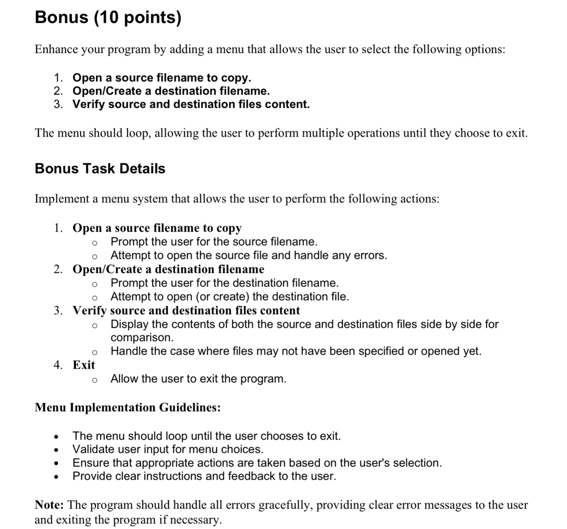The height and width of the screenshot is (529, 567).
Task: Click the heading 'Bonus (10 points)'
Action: click(x=108, y=18)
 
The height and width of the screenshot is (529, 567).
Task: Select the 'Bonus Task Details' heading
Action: click(x=100, y=169)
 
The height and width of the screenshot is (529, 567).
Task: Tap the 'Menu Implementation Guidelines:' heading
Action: click(x=128, y=408)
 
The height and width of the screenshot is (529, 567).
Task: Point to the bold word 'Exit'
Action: click(x=83, y=365)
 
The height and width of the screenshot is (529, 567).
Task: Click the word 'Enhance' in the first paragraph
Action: click(x=56, y=49)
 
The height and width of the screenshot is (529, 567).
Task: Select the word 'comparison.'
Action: click(x=142, y=337)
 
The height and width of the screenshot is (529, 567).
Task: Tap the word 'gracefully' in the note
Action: click(x=285, y=505)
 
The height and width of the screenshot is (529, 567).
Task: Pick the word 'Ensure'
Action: click(x=91, y=463)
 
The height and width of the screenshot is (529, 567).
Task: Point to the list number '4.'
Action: click(x=58, y=365)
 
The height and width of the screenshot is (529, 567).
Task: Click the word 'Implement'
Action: click(x=61, y=199)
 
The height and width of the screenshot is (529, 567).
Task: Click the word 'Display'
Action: click(x=130, y=324)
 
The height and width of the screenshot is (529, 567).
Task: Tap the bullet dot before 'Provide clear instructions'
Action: click(x=57, y=477)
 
